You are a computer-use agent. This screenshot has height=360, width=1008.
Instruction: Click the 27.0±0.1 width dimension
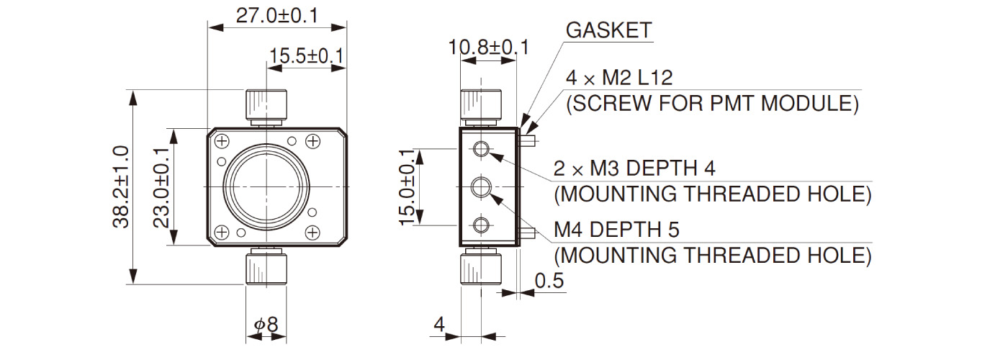pos(277,16)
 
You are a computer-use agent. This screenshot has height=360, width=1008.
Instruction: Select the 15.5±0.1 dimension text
pos(306,56)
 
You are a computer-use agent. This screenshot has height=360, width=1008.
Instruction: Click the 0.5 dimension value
pos(549,281)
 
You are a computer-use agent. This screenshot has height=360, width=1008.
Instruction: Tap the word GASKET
pos(608,30)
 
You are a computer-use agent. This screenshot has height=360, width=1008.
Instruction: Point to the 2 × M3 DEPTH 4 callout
pos(634,168)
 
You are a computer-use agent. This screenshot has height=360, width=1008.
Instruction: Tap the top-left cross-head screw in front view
pos(222,140)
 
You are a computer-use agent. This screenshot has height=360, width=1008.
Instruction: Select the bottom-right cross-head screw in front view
pos(312,232)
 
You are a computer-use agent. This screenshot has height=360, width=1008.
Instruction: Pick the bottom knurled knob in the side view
pos(480,268)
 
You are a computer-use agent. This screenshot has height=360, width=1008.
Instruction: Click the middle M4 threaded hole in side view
pos(480,188)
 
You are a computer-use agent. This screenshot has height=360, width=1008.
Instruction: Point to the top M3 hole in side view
pos(480,149)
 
